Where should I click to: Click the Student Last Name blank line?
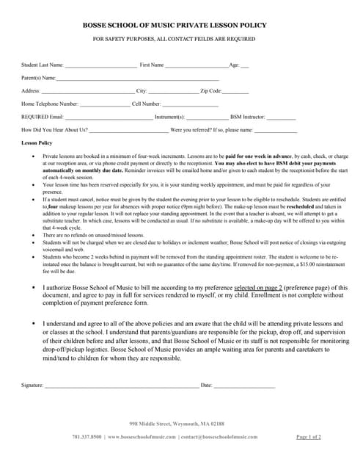100,65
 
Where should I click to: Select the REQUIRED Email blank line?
109,117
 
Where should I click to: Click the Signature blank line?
121,385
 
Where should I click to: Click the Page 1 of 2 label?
309,437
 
